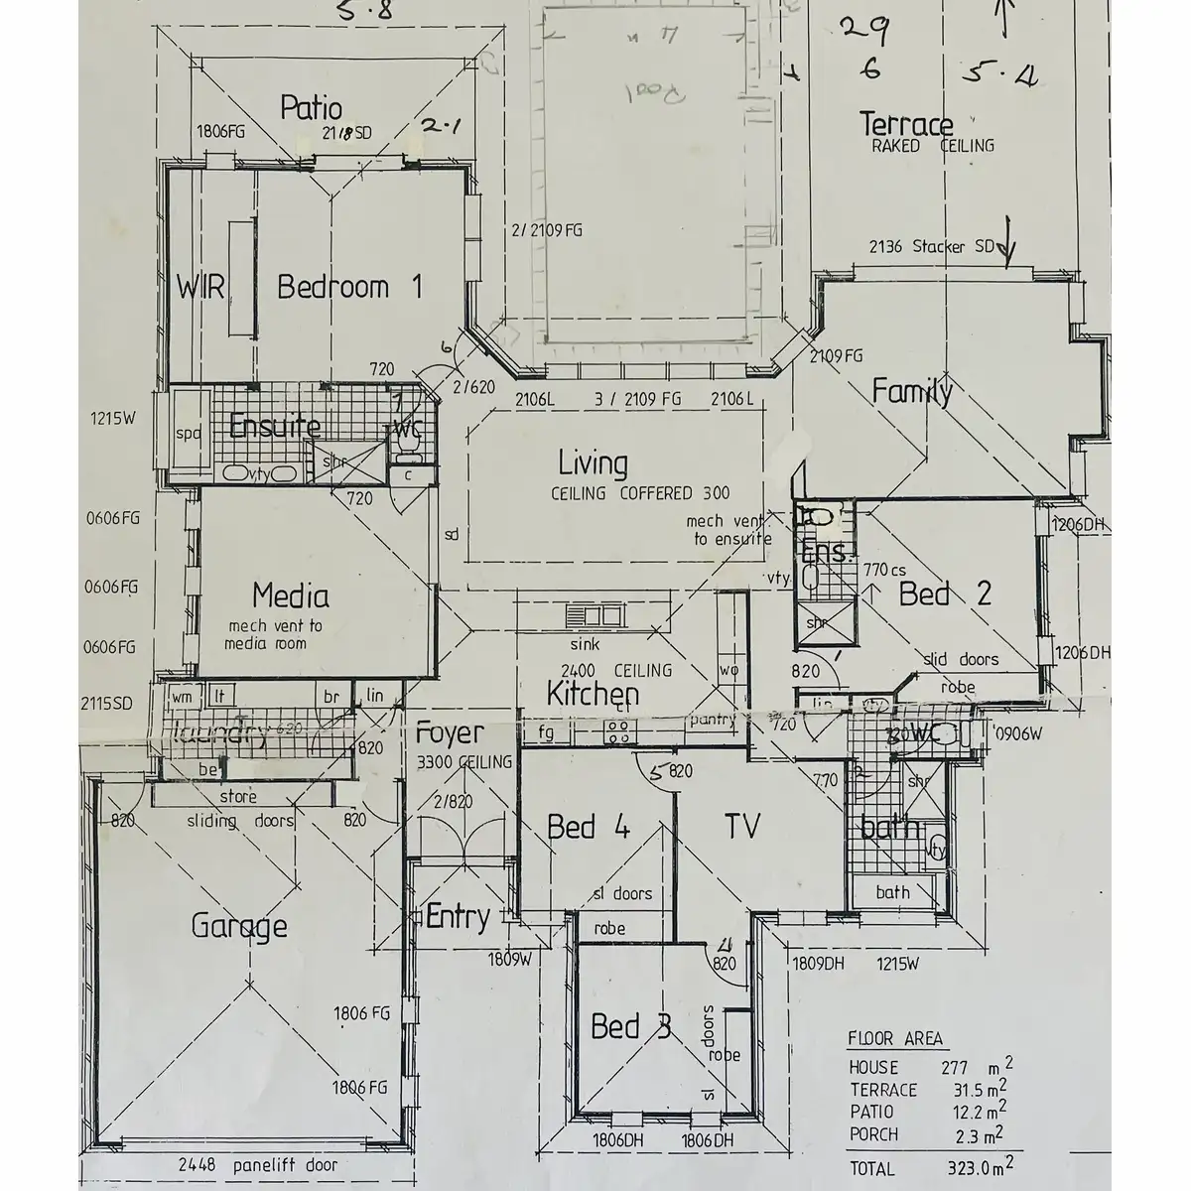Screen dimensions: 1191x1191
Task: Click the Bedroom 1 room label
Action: click(349, 288)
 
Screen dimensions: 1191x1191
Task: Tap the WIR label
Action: click(200, 288)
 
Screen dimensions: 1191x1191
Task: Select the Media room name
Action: click(290, 595)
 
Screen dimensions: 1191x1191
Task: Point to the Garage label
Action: click(239, 927)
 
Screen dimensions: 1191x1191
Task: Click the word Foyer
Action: click(450, 733)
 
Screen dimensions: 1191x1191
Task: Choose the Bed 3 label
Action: click(631, 1026)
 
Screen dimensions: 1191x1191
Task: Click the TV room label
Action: click(741, 826)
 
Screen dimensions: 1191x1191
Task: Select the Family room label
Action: click(911, 391)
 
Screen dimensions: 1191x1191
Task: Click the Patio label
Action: click(311, 107)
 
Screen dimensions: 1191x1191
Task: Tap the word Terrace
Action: click(905, 125)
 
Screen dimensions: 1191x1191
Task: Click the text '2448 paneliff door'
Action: click(259, 1165)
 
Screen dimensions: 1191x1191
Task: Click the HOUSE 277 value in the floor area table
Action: click(954, 1068)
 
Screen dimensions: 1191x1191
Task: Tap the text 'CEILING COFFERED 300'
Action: click(640, 493)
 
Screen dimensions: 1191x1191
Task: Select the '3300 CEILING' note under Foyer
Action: click(463, 762)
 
